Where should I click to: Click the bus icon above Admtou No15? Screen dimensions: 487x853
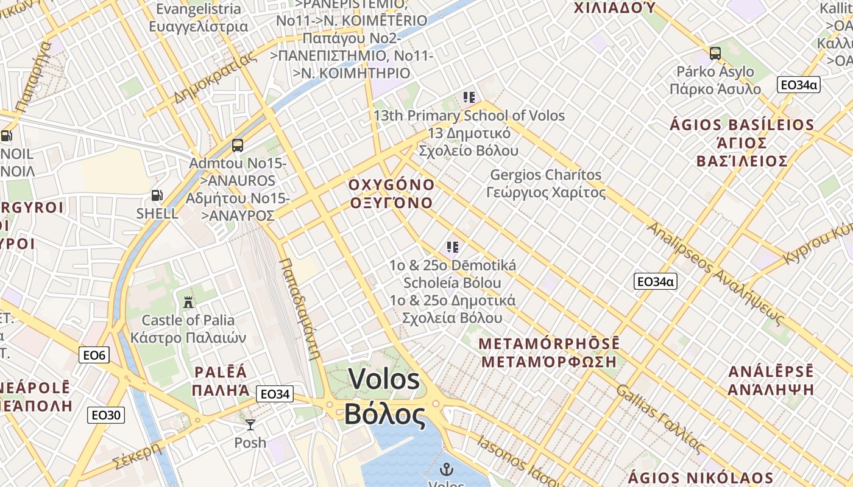pos(238,145)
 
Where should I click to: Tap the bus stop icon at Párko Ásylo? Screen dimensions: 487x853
pos(715,53)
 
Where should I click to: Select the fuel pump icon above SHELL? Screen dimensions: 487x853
pos(157,195)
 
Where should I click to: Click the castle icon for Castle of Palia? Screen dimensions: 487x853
pos(188,302)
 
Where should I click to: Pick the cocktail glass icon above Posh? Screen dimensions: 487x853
pos(250,424)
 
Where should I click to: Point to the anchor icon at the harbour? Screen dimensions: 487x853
pos(447,469)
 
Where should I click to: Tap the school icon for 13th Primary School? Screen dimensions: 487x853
pos(469,97)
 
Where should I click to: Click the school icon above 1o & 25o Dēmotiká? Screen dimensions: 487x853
pos(452,247)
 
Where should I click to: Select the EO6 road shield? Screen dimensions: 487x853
pos(94,355)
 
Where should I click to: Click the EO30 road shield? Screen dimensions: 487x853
pos(106,415)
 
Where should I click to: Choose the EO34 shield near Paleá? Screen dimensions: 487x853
pos(274,394)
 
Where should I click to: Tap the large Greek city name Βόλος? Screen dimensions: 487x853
pos(384,415)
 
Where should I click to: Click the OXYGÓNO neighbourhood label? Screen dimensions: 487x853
pos(392,184)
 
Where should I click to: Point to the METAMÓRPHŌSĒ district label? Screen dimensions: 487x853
pos(549,343)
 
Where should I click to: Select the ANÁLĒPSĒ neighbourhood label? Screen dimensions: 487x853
pos(771,371)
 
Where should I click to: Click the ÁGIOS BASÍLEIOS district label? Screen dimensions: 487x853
pos(742,125)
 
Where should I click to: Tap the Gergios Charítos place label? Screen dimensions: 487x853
pos(546,175)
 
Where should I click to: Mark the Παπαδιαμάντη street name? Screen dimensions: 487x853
pos(300,309)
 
